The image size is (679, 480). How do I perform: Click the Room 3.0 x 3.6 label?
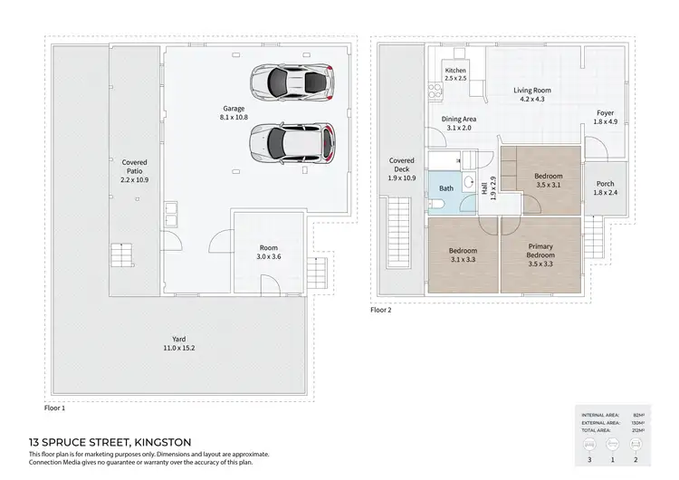click(x=268, y=252)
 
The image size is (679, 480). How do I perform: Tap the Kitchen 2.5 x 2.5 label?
click(x=455, y=74)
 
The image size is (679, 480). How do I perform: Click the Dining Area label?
click(x=459, y=123)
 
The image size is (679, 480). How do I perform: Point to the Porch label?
click(x=604, y=188)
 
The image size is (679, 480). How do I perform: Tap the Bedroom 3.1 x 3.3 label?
click(x=463, y=255)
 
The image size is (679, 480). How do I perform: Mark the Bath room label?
click(x=446, y=188)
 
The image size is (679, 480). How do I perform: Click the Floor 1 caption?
click(x=56, y=408)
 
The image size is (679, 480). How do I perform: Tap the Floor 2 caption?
click(x=381, y=309)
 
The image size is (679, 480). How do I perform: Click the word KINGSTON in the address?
click(x=161, y=443)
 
